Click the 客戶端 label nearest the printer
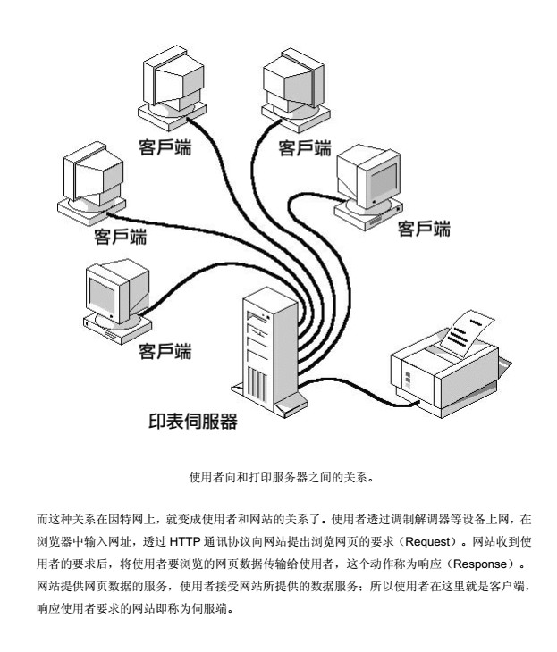tap(424, 230)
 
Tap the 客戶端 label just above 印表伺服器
tap(166, 351)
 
